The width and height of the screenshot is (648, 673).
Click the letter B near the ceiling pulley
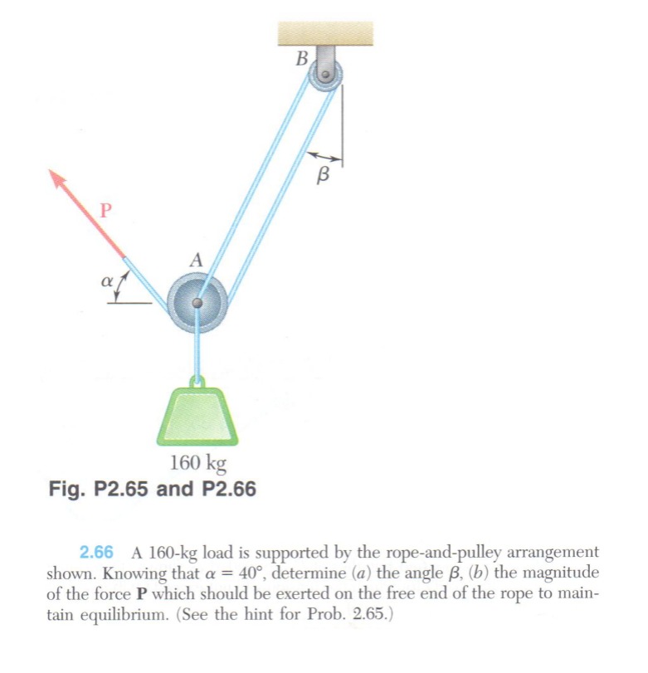(302, 59)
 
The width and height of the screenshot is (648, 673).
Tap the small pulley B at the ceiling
(324, 76)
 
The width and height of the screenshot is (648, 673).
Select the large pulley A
(197, 304)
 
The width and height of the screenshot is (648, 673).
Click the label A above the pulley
(196, 260)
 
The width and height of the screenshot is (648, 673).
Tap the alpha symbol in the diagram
(107, 283)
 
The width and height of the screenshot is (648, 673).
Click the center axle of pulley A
(197, 304)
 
